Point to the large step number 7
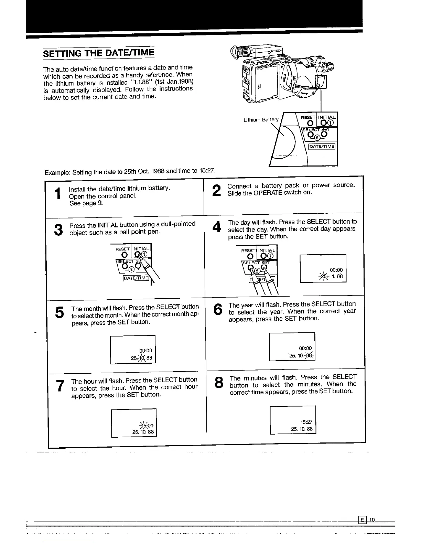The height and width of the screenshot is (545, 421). pyautogui.click(x=60, y=386)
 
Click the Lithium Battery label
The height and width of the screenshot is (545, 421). pyautogui.click(x=260, y=120)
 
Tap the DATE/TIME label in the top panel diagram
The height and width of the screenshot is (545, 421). pyautogui.click(x=322, y=147)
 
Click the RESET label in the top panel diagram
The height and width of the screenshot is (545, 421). pyautogui.click(x=308, y=117)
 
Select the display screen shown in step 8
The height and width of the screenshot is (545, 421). pyautogui.click(x=293, y=420)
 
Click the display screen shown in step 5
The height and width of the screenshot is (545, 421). pyautogui.click(x=133, y=350)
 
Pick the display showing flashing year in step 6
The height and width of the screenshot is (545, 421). pyautogui.click(x=292, y=346)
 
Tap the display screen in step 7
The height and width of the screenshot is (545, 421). pyautogui.click(x=134, y=423)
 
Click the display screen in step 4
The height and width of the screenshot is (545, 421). pyautogui.click(x=323, y=268)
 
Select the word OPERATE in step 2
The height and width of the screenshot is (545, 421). pyautogui.click(x=268, y=193)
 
